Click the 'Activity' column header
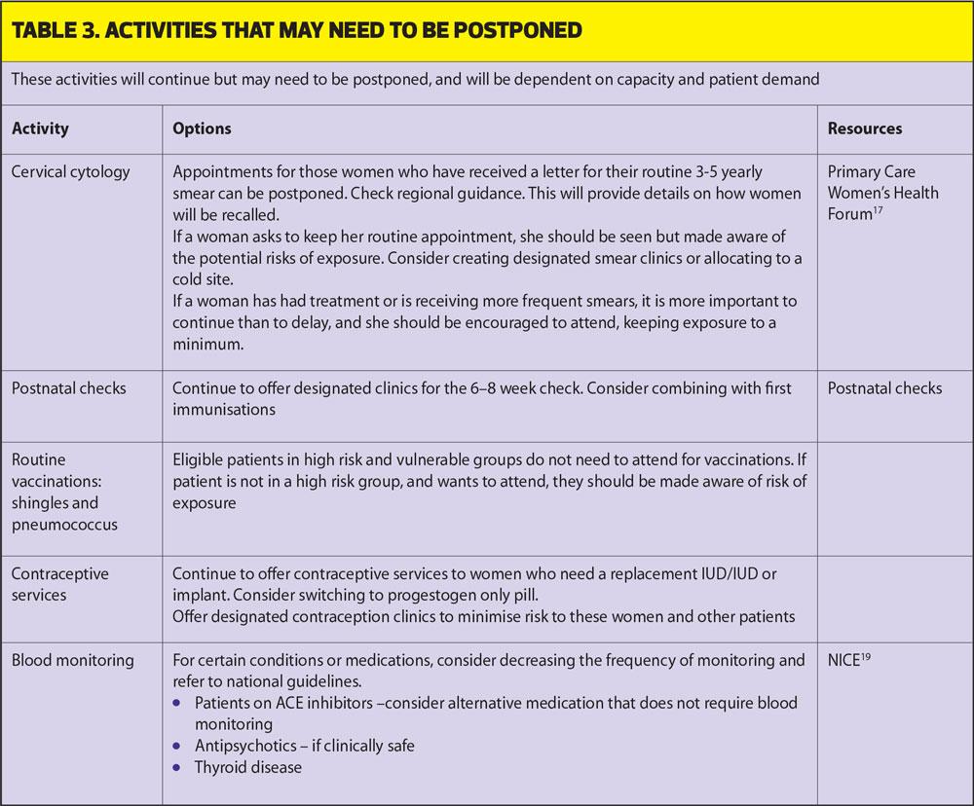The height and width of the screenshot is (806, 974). click(x=40, y=128)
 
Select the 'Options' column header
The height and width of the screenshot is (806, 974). click(x=202, y=128)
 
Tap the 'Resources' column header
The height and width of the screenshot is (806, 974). click(x=865, y=128)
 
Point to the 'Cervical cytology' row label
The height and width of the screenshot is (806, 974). click(x=70, y=172)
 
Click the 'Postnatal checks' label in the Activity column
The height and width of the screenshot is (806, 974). click(x=68, y=388)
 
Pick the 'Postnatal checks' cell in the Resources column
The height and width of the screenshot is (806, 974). click(x=884, y=388)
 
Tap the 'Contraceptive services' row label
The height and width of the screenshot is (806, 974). click(x=59, y=584)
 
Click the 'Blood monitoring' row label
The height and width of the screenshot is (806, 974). click(x=72, y=660)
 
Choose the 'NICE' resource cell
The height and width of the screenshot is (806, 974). click(x=843, y=660)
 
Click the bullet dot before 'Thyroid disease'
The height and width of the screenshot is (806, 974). click(x=176, y=767)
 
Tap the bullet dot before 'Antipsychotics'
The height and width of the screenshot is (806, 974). click(x=176, y=746)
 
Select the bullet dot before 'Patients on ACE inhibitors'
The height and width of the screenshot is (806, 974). click(x=176, y=703)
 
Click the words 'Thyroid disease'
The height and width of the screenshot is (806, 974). click(x=247, y=767)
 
